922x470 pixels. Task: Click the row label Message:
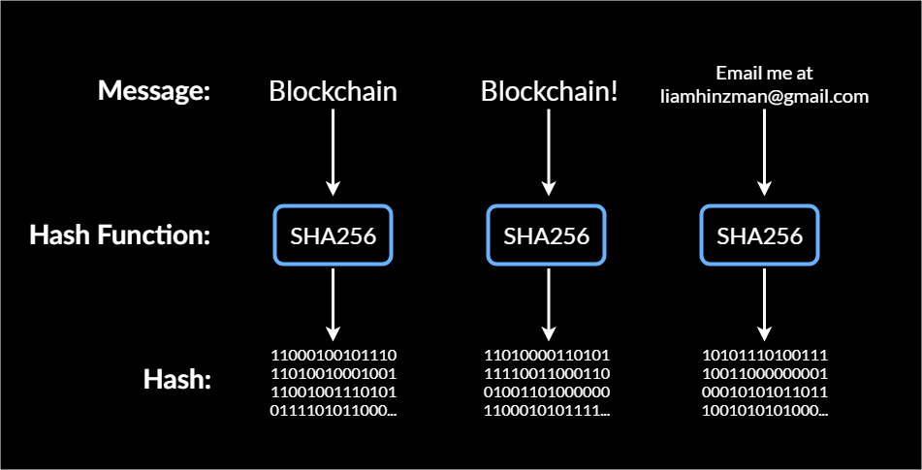(x=154, y=92)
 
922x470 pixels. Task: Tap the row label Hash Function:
(x=120, y=235)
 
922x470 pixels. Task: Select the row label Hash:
(x=177, y=379)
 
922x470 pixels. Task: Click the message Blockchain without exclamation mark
(x=333, y=92)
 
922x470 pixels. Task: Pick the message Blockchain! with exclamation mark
(x=549, y=92)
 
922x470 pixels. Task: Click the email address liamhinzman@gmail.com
(x=764, y=96)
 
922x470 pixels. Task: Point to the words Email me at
(x=764, y=74)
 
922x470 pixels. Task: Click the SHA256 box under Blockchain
(x=333, y=235)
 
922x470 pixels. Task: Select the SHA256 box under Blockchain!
(x=547, y=235)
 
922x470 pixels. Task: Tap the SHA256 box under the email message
(x=760, y=235)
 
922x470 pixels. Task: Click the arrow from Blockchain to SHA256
(x=333, y=150)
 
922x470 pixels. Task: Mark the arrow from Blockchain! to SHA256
(x=549, y=150)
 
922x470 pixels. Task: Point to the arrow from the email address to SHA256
(x=764, y=150)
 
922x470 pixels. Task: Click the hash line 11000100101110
(x=333, y=355)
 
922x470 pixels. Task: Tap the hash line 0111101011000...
(x=333, y=411)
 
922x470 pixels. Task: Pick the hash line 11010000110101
(x=547, y=355)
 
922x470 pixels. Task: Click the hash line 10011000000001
(x=764, y=374)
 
